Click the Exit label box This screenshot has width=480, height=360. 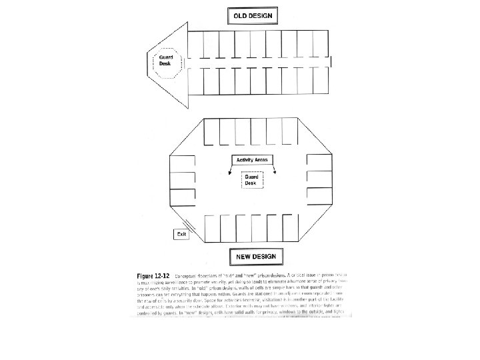(181, 234)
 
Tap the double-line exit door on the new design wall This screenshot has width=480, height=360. (186, 223)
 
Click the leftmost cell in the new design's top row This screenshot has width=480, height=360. (213, 132)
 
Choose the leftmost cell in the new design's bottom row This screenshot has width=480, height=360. (213, 229)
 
